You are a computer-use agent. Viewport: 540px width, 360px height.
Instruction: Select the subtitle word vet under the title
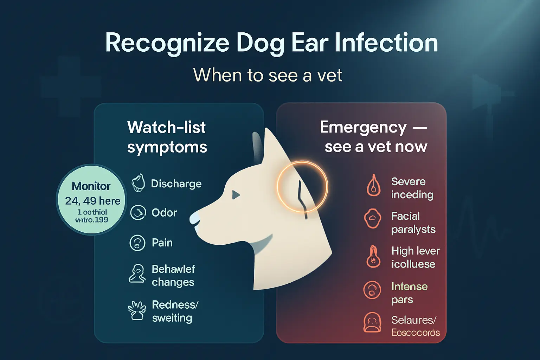[330, 75]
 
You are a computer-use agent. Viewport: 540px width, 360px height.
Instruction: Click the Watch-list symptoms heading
[167, 137]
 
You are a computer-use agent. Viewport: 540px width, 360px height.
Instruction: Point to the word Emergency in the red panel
[363, 127]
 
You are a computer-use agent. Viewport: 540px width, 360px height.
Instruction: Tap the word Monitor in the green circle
[91, 186]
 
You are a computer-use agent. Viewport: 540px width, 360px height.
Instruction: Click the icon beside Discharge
[138, 183]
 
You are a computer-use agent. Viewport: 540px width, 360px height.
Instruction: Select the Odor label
[164, 213]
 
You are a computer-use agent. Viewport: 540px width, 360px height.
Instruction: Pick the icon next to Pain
[137, 243]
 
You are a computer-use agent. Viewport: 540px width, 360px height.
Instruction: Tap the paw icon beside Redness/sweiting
[136, 310]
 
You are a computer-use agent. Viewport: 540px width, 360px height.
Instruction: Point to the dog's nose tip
[193, 219]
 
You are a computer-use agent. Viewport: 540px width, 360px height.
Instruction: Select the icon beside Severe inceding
[373, 185]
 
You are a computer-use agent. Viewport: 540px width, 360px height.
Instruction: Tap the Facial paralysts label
[413, 223]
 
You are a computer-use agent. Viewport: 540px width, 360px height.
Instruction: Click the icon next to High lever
[373, 257]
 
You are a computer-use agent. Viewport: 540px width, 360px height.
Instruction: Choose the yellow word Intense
[409, 287]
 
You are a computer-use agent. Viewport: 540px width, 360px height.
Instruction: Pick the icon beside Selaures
[372, 322]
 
